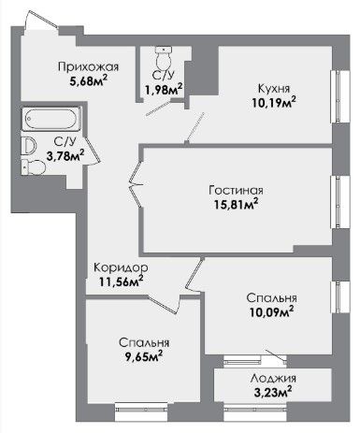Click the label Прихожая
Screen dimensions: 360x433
(x=89, y=67)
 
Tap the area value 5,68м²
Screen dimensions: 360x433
(x=89, y=81)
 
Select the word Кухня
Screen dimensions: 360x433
(x=274, y=89)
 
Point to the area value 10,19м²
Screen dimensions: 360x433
(x=274, y=102)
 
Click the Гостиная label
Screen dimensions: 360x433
(x=236, y=190)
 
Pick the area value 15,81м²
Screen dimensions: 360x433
(x=236, y=204)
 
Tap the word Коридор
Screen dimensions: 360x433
(x=121, y=267)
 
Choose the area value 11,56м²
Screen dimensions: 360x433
(x=122, y=281)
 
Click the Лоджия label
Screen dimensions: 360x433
(x=273, y=379)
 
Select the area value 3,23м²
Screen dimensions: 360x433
(x=273, y=392)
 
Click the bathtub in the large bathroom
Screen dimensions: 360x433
(x=51, y=119)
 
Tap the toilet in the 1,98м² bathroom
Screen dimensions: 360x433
(x=164, y=59)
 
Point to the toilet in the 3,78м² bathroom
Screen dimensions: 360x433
(x=34, y=167)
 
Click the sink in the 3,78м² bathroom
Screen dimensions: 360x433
(x=28, y=146)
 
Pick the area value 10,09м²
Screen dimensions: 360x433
(x=271, y=311)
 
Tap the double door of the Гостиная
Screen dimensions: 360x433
(x=137, y=184)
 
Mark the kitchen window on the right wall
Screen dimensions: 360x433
(x=339, y=96)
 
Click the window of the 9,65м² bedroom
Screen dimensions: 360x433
(x=141, y=411)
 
